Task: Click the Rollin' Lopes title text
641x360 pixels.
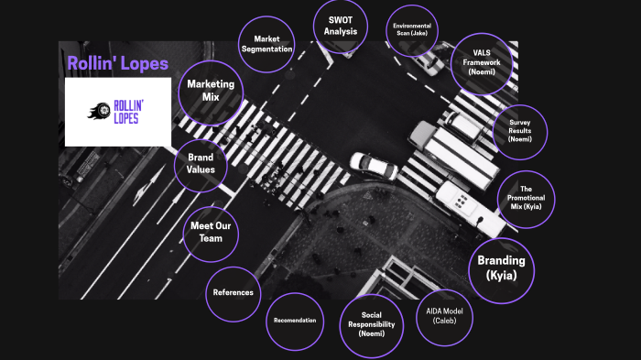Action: coord(118,63)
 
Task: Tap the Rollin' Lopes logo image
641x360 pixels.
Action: coord(119,112)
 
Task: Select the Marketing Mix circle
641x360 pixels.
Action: coord(212,90)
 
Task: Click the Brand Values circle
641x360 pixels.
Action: coord(201,163)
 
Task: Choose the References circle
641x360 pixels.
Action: coord(233,293)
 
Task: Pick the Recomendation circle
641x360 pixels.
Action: coord(296,320)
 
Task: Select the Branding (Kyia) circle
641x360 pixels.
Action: coord(501,267)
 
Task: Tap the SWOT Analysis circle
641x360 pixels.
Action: coord(340,27)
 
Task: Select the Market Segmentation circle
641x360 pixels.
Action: coord(266,43)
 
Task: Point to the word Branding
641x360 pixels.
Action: coord(501,259)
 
